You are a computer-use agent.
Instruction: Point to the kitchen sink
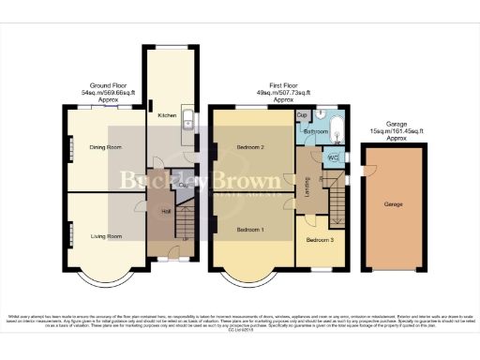[187, 119]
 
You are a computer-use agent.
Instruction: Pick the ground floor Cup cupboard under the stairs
[184, 186]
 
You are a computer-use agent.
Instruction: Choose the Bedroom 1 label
[250, 230]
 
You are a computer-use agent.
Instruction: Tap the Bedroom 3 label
[320, 239]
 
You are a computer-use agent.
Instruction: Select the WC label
[334, 157]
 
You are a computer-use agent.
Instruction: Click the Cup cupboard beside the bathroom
[302, 115]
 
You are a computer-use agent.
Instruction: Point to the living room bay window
[104, 281]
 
